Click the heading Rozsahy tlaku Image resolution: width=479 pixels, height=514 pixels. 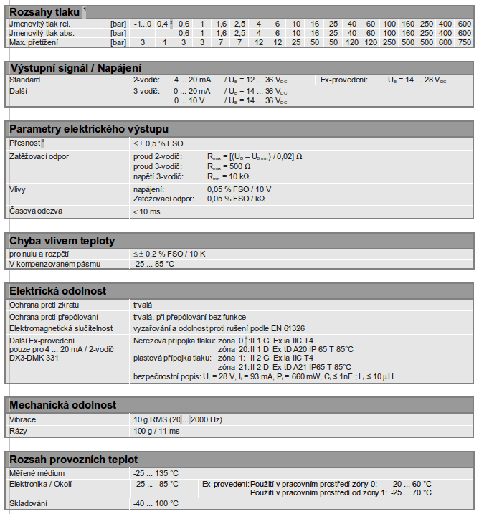[x=43, y=11]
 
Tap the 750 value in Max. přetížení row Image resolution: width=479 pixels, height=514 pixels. [x=464, y=43]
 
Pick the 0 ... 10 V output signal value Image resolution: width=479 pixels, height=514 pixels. [x=191, y=101]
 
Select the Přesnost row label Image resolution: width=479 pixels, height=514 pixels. [x=25, y=143]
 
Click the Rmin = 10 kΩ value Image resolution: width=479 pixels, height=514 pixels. [x=229, y=176]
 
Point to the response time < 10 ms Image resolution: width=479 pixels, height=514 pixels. [x=147, y=212]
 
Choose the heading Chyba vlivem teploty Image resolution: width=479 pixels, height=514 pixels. [x=61, y=240]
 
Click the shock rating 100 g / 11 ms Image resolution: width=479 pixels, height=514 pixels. [x=157, y=431]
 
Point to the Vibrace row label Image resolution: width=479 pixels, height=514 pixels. [x=22, y=419]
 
